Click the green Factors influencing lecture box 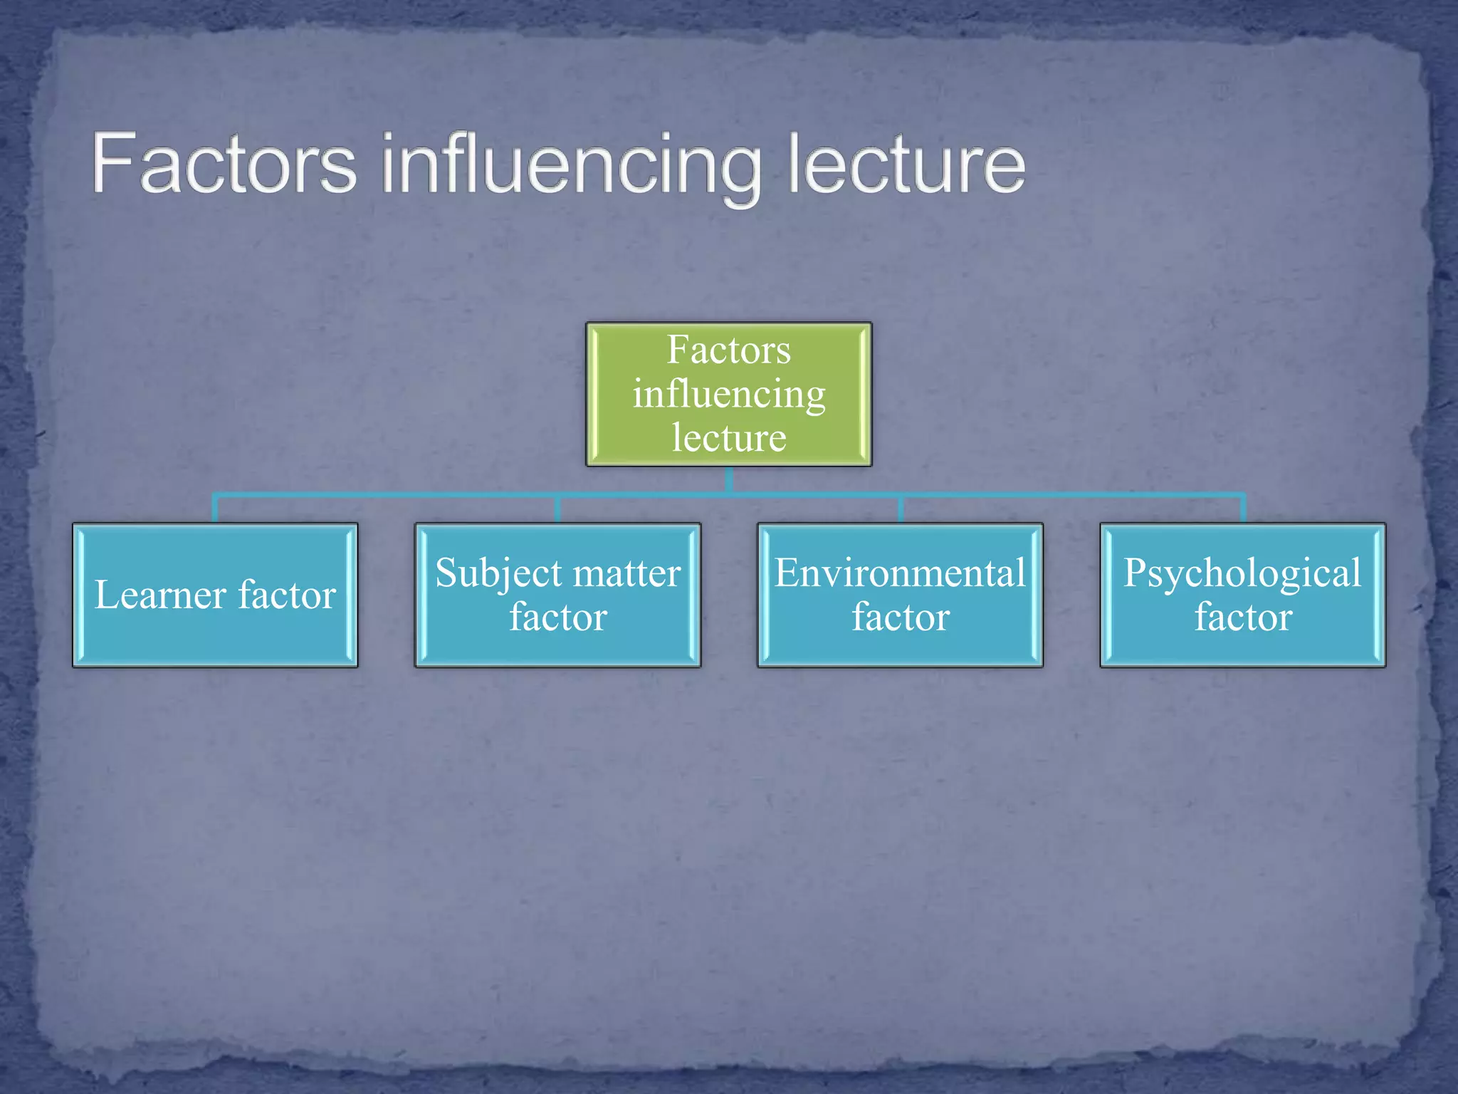point(728,394)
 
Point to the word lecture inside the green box point(729,437)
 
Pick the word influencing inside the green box point(729,394)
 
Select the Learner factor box point(215,595)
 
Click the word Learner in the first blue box point(160,595)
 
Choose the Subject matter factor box point(557,595)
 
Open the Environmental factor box point(900,595)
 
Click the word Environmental point(900,573)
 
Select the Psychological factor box point(1242,595)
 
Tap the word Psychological point(1242,573)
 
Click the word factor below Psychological point(1243,617)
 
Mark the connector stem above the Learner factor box point(215,509)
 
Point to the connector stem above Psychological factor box point(1243,509)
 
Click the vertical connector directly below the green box point(729,479)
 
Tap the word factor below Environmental point(901,617)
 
